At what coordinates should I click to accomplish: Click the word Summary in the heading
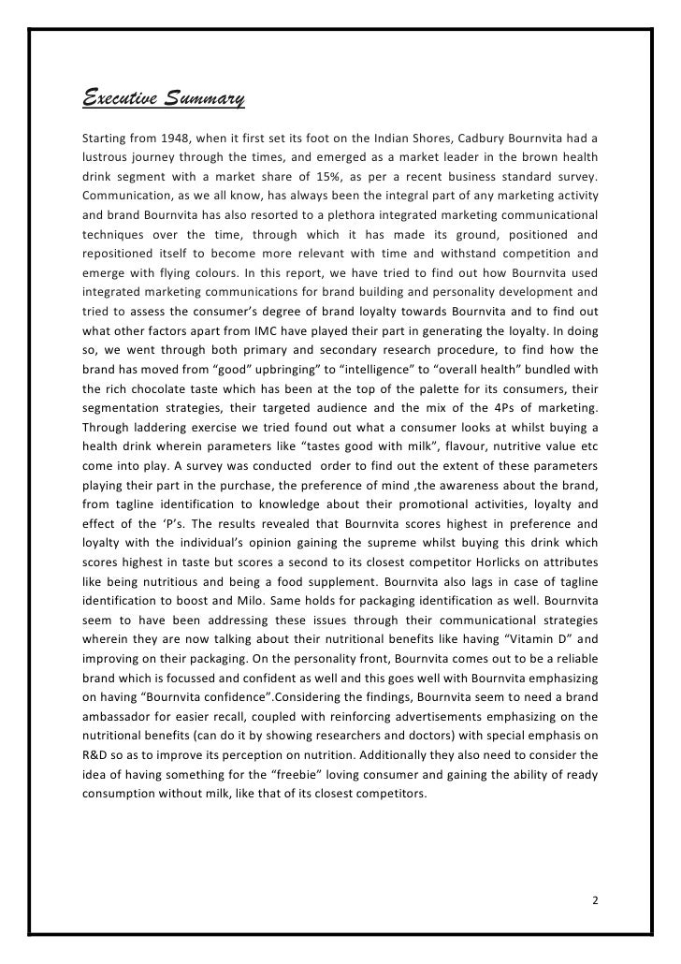point(205,97)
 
